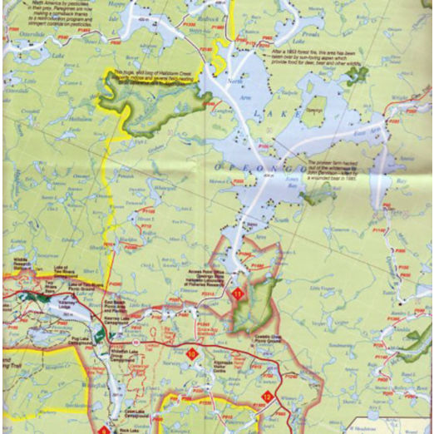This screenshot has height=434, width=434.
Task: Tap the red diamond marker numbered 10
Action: pos(192,356)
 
